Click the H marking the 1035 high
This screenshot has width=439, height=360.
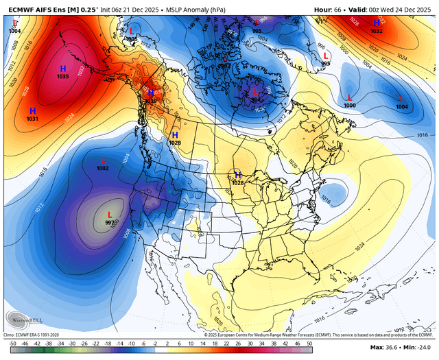[x=62, y=69]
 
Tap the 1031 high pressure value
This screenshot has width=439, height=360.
[x=32, y=119]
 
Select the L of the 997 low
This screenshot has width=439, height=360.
[x=110, y=215]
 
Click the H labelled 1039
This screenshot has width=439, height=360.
[x=152, y=93]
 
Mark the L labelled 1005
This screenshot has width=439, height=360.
[x=132, y=32]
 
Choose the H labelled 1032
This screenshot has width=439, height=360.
[x=377, y=23]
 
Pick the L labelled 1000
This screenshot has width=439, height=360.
[x=350, y=97]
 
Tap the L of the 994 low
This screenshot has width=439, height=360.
[x=256, y=91]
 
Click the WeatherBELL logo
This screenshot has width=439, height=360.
[x=23, y=319]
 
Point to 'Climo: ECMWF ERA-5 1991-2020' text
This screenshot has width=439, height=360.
[x=34, y=335]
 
